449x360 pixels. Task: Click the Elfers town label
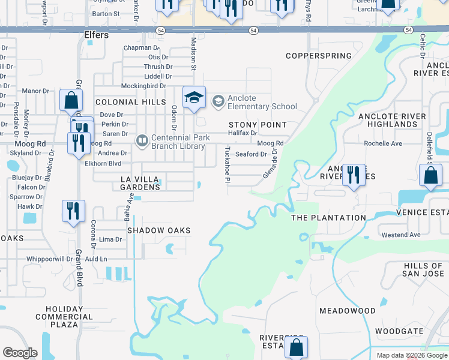97,35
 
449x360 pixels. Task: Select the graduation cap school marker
194,98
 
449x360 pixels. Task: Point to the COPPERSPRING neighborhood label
318,56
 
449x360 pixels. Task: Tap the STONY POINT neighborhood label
258,124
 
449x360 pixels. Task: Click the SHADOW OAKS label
158,230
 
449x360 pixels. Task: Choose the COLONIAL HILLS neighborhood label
130,103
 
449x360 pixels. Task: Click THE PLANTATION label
328,218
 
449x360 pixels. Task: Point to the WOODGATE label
399,331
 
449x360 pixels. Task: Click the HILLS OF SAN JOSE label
423,269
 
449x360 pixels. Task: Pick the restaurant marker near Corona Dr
73,211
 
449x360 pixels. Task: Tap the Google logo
20,353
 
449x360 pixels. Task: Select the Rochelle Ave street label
384,144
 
